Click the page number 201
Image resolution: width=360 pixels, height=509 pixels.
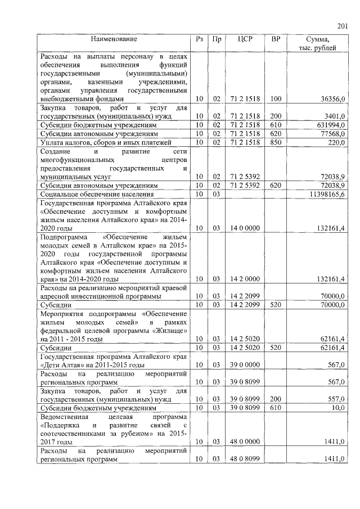click(342, 25)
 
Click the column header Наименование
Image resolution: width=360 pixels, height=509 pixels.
click(115, 40)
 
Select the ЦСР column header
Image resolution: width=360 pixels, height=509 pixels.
click(245, 40)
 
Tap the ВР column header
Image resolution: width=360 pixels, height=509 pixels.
click(276, 40)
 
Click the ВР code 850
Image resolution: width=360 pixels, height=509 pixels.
click(276, 142)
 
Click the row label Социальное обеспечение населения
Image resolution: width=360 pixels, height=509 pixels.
click(92, 194)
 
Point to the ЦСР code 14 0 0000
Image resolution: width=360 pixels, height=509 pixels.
click(245, 228)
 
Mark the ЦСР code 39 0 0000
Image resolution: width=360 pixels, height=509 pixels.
click(245, 365)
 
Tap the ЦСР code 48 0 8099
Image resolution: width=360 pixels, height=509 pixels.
click(245, 460)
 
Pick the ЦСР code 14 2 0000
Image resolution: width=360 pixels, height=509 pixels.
click(245, 280)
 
